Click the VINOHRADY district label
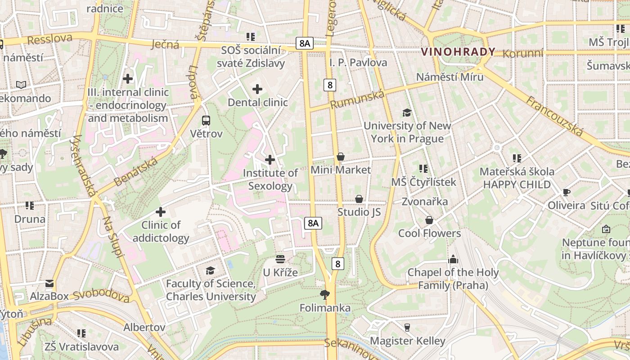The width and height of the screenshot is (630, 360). tap(458, 52)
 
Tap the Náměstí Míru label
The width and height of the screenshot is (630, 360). tap(450, 77)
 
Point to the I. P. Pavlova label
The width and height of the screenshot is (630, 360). tap(358, 63)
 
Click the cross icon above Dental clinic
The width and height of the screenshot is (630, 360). tap(257, 89)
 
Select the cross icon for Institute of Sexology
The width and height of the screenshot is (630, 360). tap(270, 160)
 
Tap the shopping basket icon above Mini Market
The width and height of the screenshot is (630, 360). tap(341, 157)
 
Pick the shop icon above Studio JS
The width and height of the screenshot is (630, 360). tap(359, 198)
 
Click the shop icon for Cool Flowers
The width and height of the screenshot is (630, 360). tap(429, 220)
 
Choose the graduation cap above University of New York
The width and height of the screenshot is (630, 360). tap(407, 112)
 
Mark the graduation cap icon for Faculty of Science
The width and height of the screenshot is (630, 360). tap(210, 270)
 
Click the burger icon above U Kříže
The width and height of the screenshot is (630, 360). tap(280, 259)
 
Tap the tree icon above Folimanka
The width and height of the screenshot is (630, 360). tap(324, 295)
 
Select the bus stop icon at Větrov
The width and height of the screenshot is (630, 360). tap(206, 121)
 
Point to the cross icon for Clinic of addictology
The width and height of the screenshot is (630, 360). tap(161, 211)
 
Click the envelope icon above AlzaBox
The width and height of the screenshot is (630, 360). tap(49, 283)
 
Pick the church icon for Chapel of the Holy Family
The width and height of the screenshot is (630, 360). tap(453, 259)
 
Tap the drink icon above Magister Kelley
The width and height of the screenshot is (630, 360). tap(407, 327)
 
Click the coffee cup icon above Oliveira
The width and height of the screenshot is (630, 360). tap(567, 193)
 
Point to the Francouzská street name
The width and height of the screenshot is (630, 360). tap(554, 116)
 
